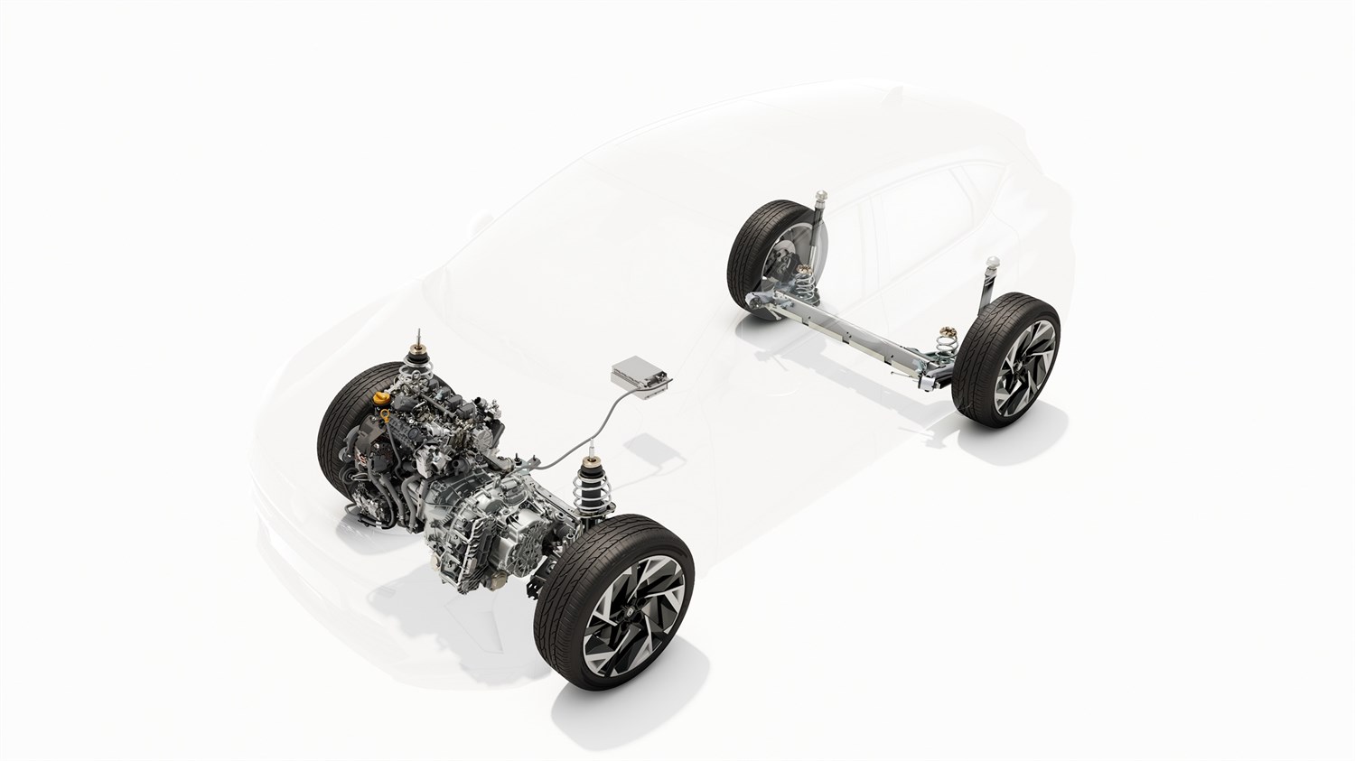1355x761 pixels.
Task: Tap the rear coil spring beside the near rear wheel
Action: click(947, 343)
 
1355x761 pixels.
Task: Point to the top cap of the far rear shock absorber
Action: click(822, 193)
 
